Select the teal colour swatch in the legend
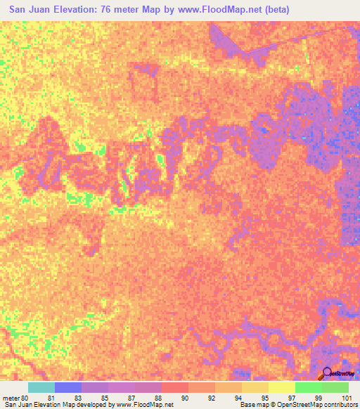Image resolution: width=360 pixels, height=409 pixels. tap(41, 387)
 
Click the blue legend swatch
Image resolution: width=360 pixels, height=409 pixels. tap(68, 387)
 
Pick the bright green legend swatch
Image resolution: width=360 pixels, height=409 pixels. tap(308, 387)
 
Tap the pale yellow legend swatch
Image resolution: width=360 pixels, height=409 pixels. tap(281, 387)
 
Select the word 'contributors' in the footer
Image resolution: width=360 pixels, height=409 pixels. tap(340, 405)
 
